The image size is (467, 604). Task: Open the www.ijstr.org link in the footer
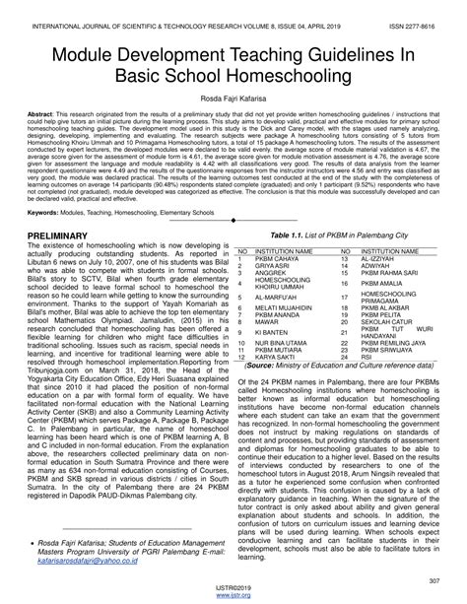pos(233,597)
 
